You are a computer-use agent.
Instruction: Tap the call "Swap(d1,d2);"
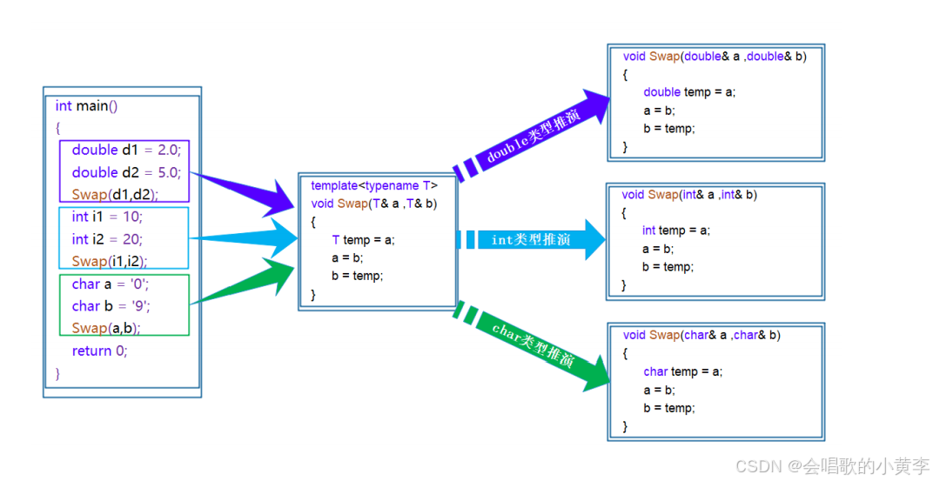coord(116,194)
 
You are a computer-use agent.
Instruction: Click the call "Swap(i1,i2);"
coord(110,261)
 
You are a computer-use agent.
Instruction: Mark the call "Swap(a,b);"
coord(106,328)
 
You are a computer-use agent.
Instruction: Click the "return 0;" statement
coord(99,351)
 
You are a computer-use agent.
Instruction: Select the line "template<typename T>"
coord(374,185)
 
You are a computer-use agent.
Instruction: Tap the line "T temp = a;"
coord(363,240)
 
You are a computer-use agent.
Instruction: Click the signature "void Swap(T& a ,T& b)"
coord(374,204)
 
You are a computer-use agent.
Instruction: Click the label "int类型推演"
coord(531,239)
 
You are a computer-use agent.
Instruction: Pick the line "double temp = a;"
coord(689,92)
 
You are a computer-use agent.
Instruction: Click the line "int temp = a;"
coord(676,230)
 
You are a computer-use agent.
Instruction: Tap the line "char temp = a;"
coord(683,371)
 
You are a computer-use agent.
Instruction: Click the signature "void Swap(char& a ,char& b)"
coord(701,335)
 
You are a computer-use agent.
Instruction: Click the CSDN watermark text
coord(832,466)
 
